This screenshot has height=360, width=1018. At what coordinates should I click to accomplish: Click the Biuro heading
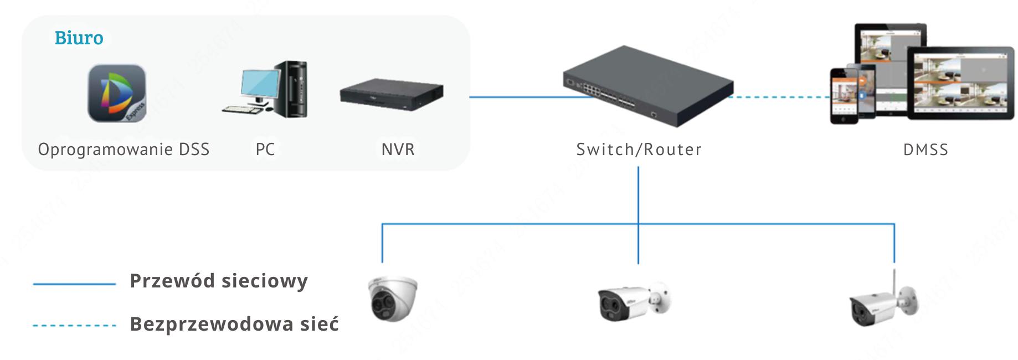[x=79, y=38]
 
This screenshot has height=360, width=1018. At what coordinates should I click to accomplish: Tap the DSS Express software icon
[x=117, y=93]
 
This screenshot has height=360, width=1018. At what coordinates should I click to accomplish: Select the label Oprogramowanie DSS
[x=124, y=150]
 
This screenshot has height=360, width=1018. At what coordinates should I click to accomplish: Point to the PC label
[x=265, y=150]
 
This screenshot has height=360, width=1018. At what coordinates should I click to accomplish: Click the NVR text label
[x=398, y=150]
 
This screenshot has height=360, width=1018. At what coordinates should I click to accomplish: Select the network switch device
[x=648, y=86]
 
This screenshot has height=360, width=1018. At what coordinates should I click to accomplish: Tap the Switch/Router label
[x=639, y=150]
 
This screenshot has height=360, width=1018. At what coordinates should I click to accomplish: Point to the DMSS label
[x=926, y=150]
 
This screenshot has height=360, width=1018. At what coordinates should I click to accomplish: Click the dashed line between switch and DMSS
[x=781, y=97]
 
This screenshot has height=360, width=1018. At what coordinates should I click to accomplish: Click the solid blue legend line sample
[x=74, y=284]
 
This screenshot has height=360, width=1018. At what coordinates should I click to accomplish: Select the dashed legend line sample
[x=74, y=326]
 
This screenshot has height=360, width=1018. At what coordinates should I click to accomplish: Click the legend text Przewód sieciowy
[x=218, y=281]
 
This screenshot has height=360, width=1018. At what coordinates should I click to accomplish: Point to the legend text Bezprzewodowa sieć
[x=234, y=324]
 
